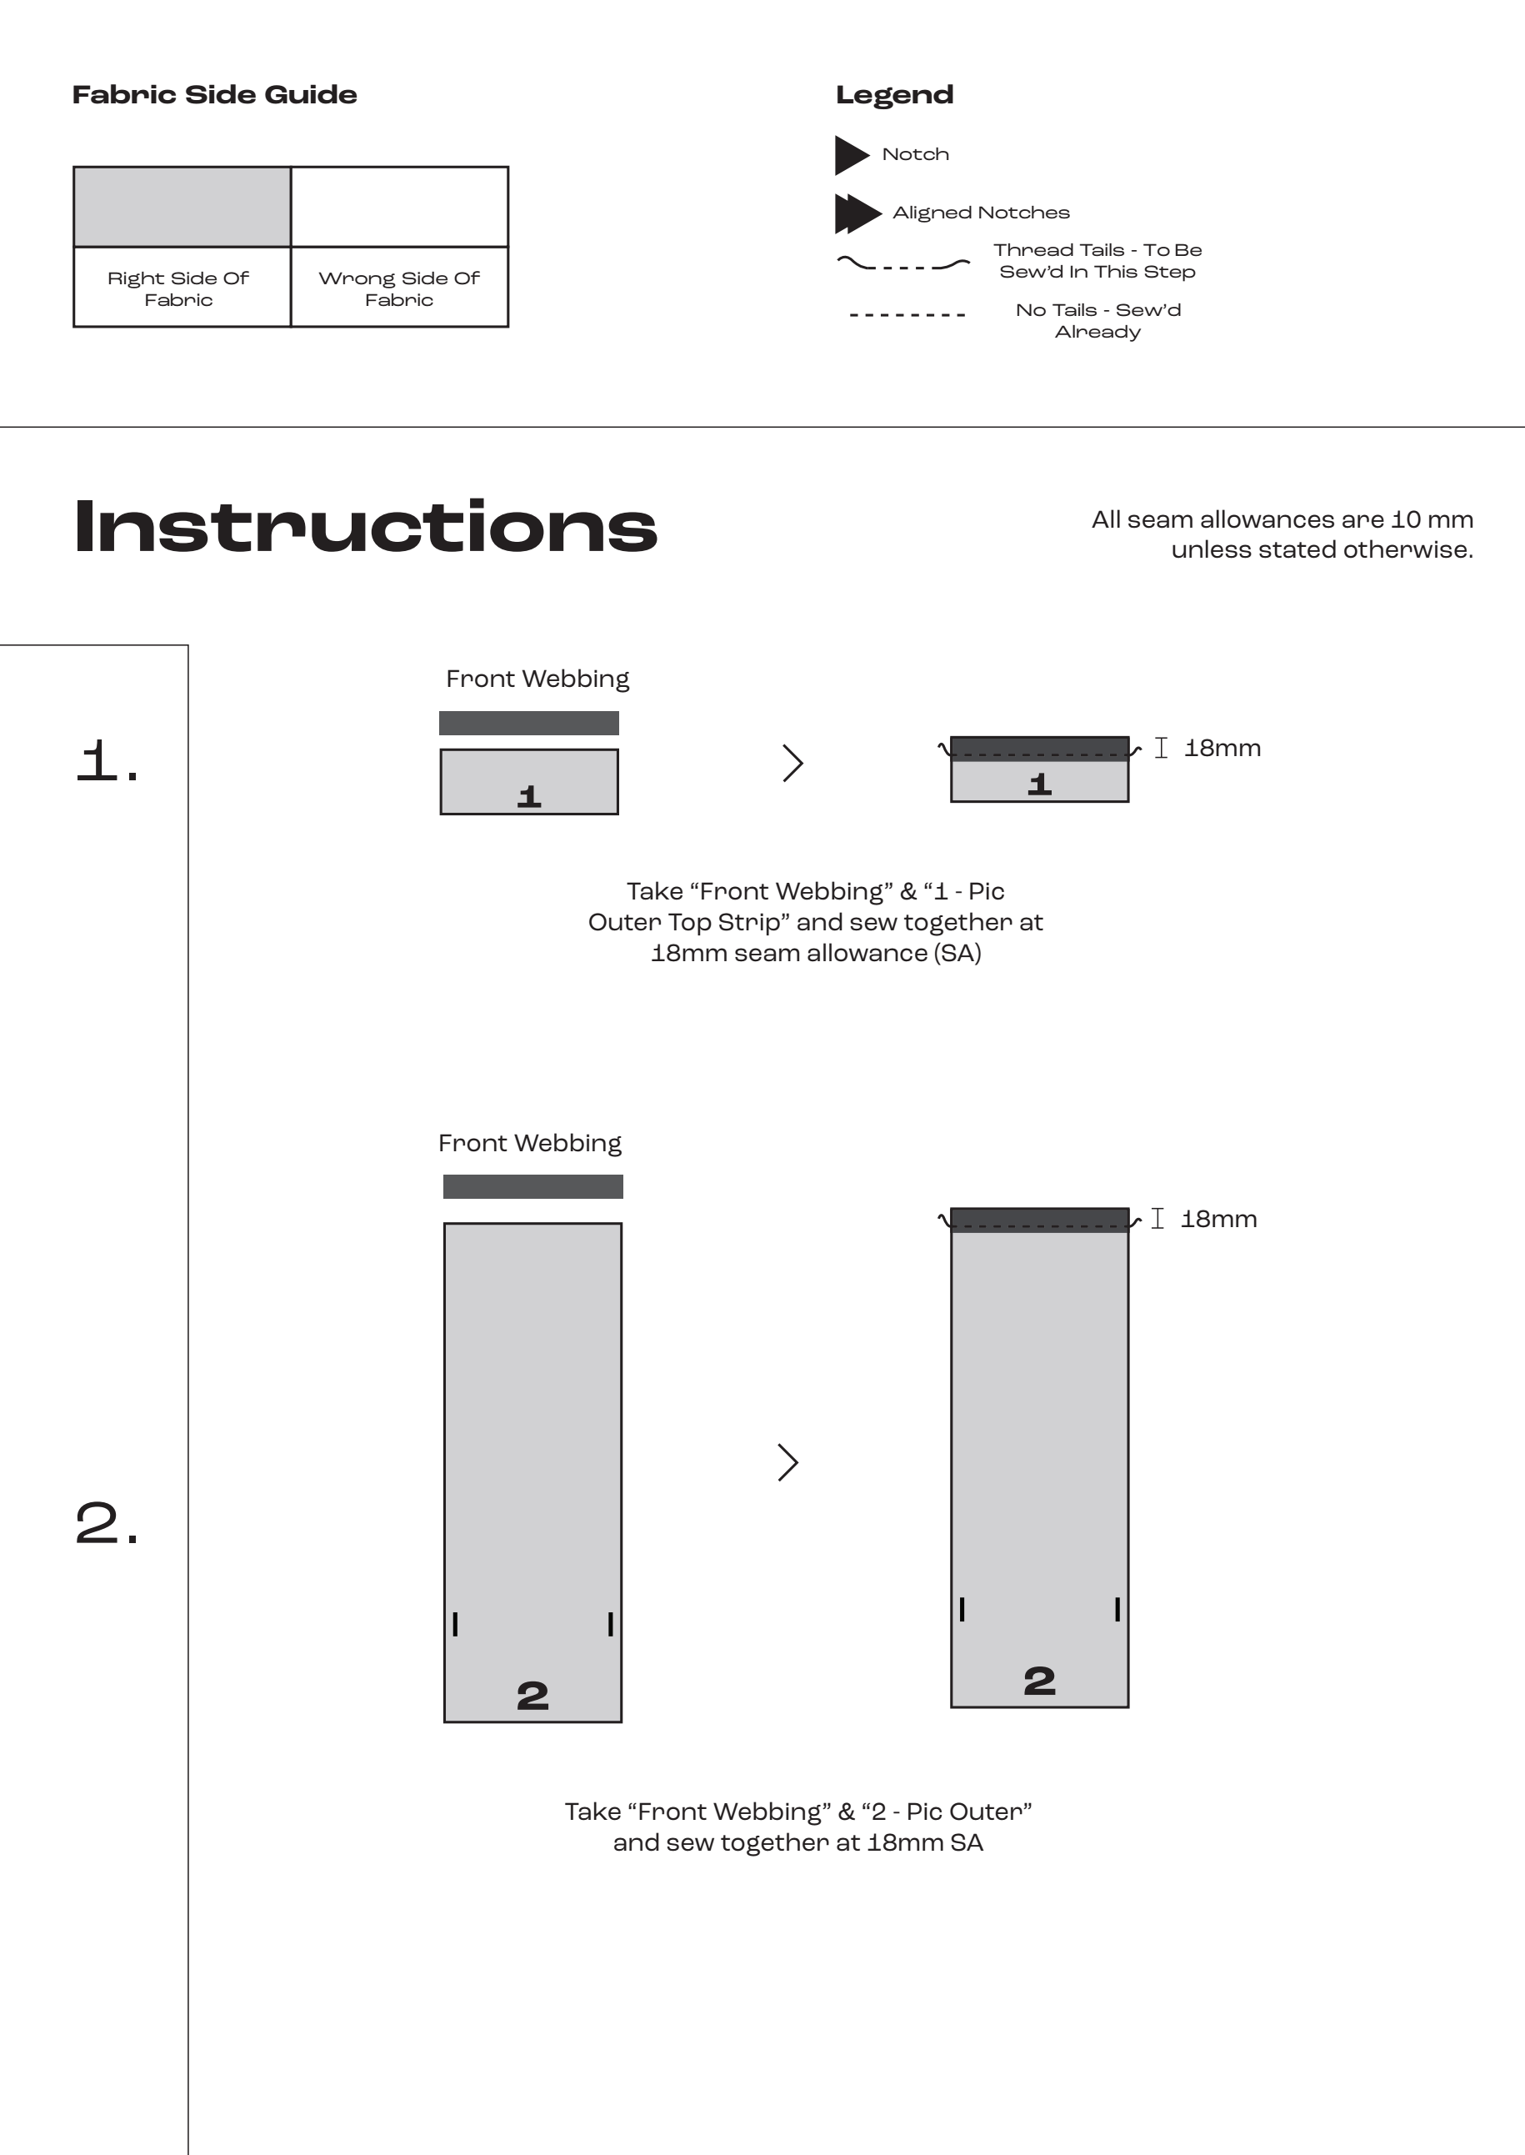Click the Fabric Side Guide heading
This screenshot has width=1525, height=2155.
[x=214, y=95]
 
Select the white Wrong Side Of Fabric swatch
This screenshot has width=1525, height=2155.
[x=399, y=207]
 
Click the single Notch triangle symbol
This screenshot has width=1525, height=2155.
[x=850, y=155]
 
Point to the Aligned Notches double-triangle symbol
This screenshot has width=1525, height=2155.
[x=857, y=213]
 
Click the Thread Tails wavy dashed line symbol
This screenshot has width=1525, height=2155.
[x=902, y=265]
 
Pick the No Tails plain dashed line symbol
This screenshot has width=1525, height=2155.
[x=906, y=314]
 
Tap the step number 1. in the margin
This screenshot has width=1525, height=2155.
[x=107, y=760]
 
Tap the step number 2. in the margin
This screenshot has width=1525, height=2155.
[x=107, y=1523]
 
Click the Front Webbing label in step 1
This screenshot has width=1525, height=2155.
[x=537, y=679]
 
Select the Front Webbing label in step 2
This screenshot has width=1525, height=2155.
[x=530, y=1142]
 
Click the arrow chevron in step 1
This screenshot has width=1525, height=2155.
[x=792, y=763]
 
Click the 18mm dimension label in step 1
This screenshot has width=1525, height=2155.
[x=1222, y=748]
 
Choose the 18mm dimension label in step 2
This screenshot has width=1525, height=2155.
[x=1218, y=1219]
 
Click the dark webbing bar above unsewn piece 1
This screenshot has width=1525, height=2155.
[x=528, y=723]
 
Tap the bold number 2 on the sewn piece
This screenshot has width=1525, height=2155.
[x=1038, y=1680]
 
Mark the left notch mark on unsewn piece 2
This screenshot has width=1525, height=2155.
[x=456, y=1623]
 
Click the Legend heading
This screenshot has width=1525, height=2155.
[x=894, y=95]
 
